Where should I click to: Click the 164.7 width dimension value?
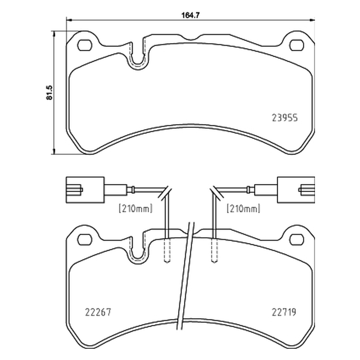(191, 15)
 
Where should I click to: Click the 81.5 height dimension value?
(49, 93)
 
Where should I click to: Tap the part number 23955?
(285, 118)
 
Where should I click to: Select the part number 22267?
(98, 312)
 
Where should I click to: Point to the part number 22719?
(284, 312)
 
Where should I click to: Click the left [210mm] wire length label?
(135, 209)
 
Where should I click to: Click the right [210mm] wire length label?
(243, 209)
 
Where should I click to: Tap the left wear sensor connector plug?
(85, 190)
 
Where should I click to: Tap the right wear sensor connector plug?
(296, 190)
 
